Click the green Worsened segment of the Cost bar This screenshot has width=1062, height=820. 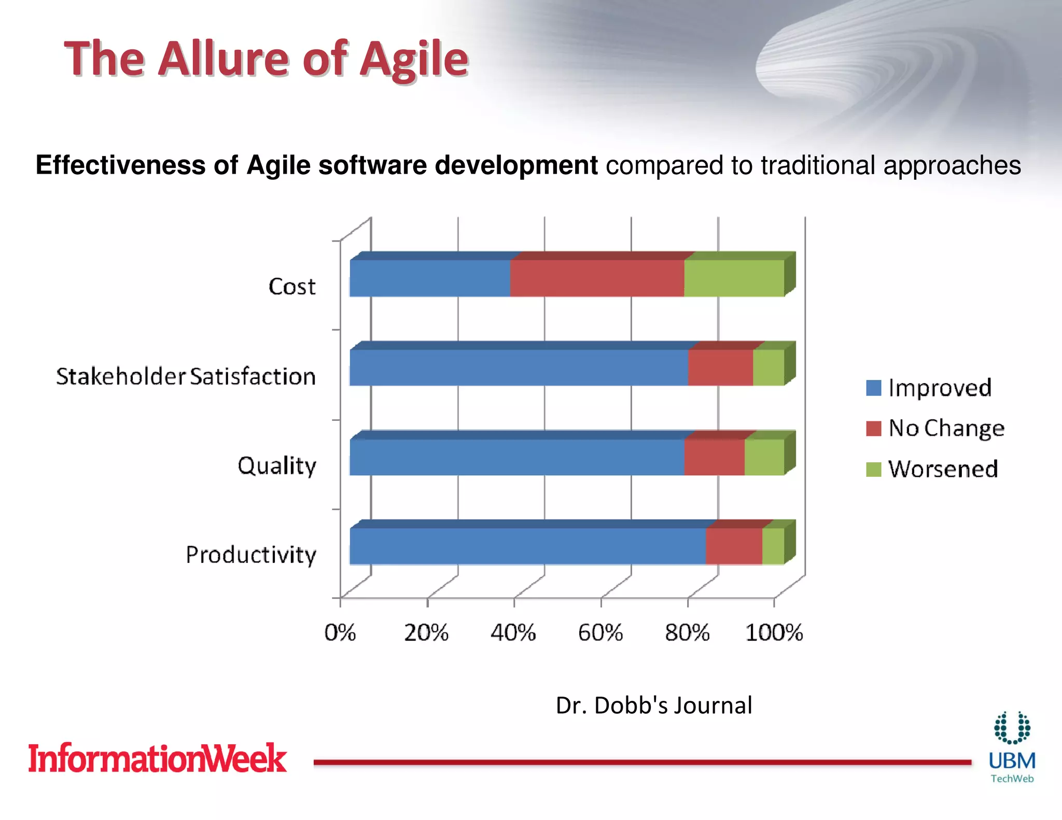733,278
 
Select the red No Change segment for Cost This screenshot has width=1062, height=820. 596,278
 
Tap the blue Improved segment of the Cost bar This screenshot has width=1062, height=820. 429,278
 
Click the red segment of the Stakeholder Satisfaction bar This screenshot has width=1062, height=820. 720,367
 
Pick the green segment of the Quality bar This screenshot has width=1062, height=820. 764,457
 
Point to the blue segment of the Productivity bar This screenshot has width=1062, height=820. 527,546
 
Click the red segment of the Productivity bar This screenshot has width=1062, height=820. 733,546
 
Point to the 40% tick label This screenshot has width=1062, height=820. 513,633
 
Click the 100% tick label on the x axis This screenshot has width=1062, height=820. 774,633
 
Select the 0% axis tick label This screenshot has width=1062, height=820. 340,633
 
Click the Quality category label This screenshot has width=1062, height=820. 277,465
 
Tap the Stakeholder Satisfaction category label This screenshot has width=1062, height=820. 186,376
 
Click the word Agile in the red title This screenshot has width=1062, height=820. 414,59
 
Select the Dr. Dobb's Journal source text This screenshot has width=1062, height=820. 654,705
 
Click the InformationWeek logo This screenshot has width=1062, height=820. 157,758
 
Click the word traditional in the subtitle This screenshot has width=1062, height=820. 818,166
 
